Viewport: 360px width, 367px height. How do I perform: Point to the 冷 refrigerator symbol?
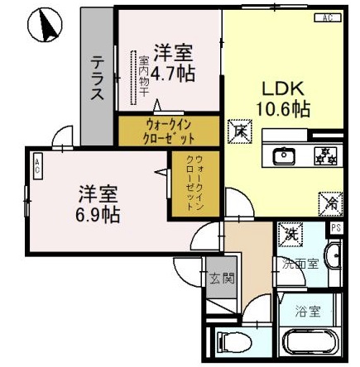tap(328, 200)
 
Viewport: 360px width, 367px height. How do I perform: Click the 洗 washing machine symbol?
tap(290, 235)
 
